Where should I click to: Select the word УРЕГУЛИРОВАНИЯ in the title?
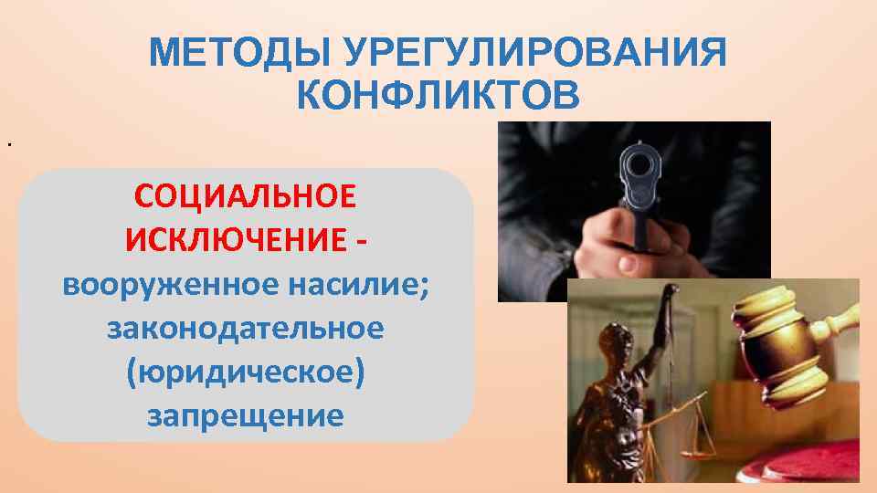tap(536, 53)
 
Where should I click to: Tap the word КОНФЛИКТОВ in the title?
tap(438, 94)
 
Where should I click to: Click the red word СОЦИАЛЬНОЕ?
tap(246, 196)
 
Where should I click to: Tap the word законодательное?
tap(245, 329)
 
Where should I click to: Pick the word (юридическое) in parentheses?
tap(246, 372)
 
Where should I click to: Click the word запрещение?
tap(245, 416)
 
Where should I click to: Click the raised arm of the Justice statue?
tap(666, 320)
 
